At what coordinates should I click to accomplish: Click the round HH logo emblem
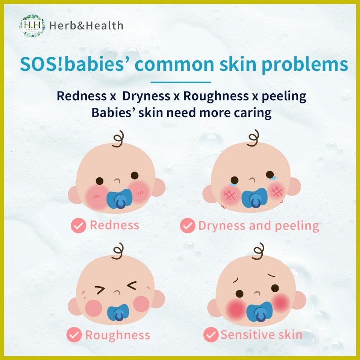32,26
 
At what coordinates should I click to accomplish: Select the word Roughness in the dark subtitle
216,96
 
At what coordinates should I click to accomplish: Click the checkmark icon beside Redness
78,225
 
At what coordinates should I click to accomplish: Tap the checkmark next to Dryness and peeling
187,225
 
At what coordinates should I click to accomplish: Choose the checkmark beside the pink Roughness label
74,335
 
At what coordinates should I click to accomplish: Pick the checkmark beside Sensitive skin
211,334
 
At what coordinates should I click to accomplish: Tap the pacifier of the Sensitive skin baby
259,312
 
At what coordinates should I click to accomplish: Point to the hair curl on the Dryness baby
253,138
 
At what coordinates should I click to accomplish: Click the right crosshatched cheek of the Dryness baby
277,191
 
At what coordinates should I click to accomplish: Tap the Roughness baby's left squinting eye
100,290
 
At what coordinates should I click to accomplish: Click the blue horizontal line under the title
180,82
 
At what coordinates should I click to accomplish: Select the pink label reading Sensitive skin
261,335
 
